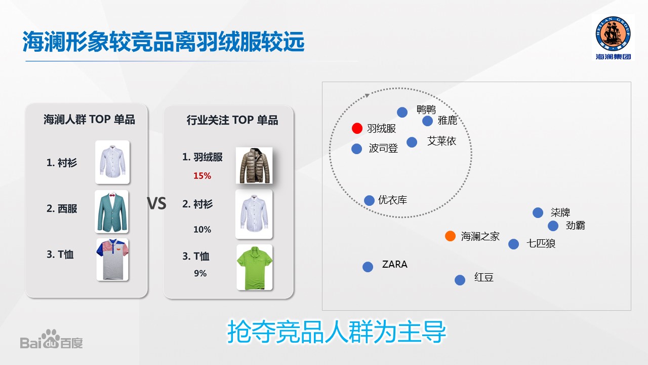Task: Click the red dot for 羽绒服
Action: [x=357, y=128]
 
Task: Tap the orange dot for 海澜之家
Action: [x=450, y=236]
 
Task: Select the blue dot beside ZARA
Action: [x=368, y=267]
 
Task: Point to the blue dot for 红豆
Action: [x=460, y=280]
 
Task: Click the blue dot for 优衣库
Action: [x=369, y=200]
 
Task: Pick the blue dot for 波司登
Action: [x=356, y=149]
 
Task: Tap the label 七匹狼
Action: [x=541, y=243]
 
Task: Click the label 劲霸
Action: [x=575, y=226]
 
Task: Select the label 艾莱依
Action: [x=441, y=141]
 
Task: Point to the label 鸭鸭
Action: [x=426, y=109]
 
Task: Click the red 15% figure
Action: [x=202, y=175]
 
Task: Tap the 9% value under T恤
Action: [x=200, y=273]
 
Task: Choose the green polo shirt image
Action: [x=255, y=267]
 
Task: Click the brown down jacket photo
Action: [x=254, y=165]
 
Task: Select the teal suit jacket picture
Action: [x=112, y=211]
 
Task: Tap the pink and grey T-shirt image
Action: [x=112, y=260]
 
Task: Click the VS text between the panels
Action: [x=156, y=203]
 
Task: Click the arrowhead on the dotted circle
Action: [x=367, y=95]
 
